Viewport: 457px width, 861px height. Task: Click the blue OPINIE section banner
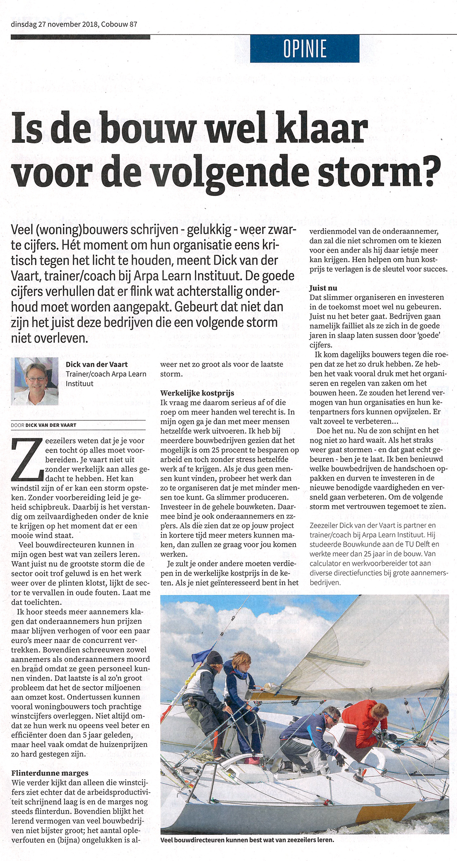click(x=304, y=49)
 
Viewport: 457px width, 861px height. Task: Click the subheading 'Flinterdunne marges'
click(x=50, y=773)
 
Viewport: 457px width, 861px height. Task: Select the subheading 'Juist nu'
click(x=323, y=288)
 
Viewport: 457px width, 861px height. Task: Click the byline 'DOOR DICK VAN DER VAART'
click(x=44, y=425)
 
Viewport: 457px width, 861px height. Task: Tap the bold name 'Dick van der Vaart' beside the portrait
click(x=96, y=364)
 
